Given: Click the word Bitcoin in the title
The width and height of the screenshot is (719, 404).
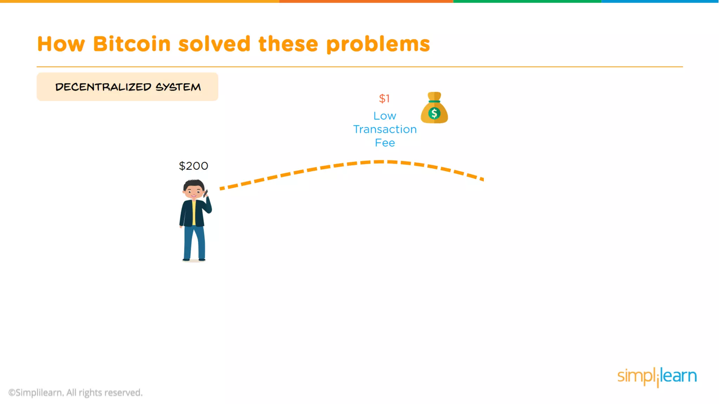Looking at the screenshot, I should tap(132, 44).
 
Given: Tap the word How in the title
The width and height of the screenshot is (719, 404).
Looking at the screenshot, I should tap(61, 44).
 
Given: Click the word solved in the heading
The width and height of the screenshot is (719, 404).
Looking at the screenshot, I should tap(214, 44).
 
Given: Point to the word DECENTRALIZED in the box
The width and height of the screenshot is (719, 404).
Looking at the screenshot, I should tap(103, 87).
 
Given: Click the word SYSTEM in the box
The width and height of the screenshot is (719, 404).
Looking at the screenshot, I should tap(178, 87).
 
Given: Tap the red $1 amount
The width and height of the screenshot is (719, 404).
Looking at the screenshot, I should tap(384, 99).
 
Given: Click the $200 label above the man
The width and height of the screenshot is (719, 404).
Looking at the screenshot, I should tap(193, 166).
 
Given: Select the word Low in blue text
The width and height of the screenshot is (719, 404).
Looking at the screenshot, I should tap(385, 116).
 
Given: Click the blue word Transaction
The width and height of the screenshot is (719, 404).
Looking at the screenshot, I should tap(385, 129).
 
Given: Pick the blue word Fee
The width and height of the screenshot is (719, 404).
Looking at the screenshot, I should tap(385, 143).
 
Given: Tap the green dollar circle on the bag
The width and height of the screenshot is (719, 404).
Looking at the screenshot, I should tap(434, 113).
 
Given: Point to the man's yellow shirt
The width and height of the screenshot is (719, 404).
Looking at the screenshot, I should tap(194, 213).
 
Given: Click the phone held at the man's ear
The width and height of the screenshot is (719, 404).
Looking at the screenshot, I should tap(206, 193).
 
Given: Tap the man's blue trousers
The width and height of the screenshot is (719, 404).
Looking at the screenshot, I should tap(194, 242).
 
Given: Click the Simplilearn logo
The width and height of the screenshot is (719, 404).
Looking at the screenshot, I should tap(657, 377).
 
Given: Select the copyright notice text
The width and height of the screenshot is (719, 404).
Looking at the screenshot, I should tap(75, 393).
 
